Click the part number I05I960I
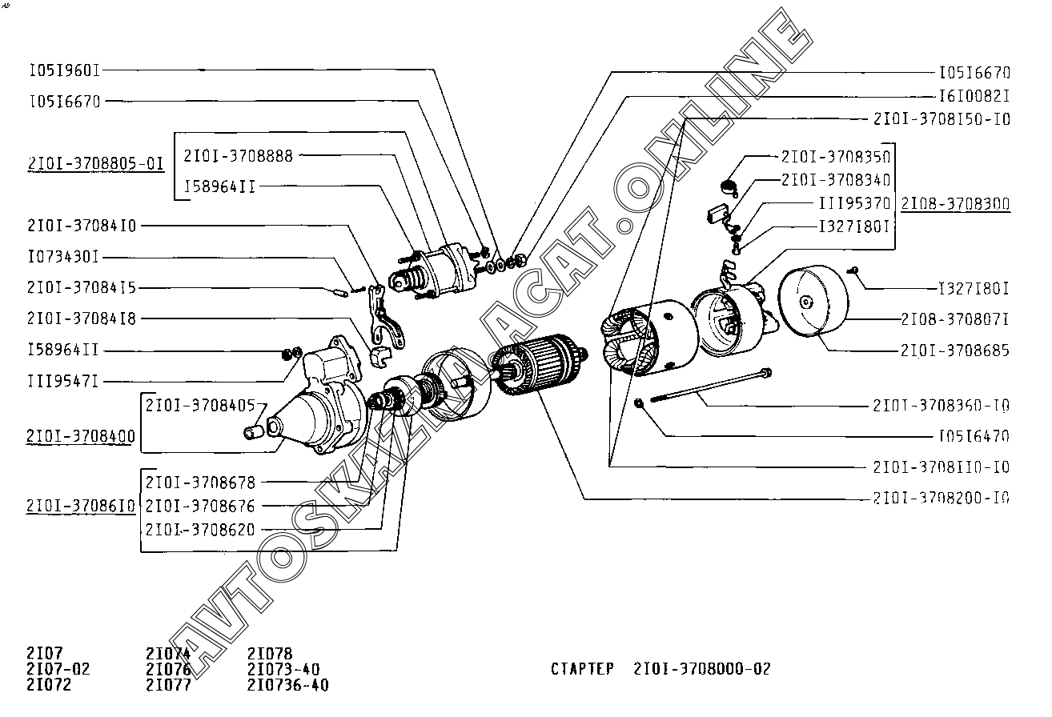(65, 71)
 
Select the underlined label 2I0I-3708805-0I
(96, 163)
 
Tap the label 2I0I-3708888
(238, 156)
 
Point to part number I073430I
(63, 258)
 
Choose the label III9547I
(63, 381)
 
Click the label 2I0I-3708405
(200, 405)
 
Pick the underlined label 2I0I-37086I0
(81, 506)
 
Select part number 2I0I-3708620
(200, 530)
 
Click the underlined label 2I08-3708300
(955, 204)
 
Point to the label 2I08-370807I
(955, 319)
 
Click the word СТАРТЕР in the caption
(582, 669)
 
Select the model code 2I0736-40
(288, 685)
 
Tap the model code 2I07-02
(58, 669)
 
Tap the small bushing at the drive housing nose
(254, 432)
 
